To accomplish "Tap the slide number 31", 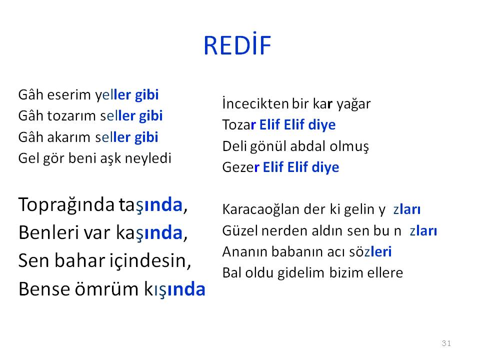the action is (x=446, y=343).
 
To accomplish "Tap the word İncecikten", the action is (x=255, y=103).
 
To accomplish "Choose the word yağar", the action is (x=353, y=104).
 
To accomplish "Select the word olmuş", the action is (x=349, y=146).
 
